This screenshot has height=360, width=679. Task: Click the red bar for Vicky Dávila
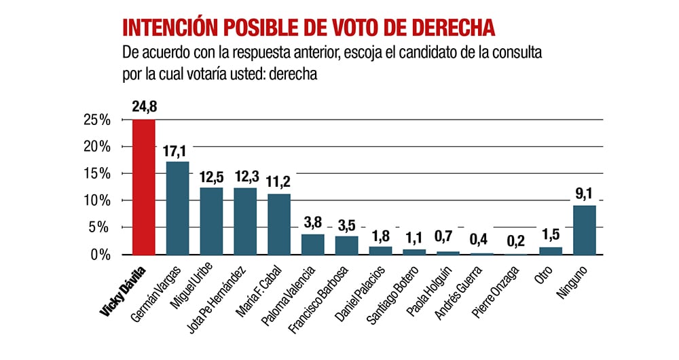tap(143, 187)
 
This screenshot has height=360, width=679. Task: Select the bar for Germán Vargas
tap(177, 208)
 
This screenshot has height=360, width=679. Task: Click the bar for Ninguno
tap(585, 230)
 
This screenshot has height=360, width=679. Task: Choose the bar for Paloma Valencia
tap(313, 244)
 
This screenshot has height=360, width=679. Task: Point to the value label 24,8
tap(144, 107)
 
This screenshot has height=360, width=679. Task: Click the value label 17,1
tap(177, 150)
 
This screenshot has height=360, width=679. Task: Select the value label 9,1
tap(585, 194)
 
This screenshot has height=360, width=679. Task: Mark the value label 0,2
tap(517, 241)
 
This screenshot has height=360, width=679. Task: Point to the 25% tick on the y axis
tap(98, 120)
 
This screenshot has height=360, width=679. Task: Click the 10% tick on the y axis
tap(98, 201)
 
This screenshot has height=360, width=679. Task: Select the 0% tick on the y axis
tap(100, 255)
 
